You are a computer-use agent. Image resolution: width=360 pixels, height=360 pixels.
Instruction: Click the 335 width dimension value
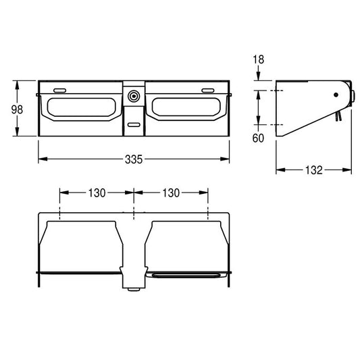click(x=134, y=159)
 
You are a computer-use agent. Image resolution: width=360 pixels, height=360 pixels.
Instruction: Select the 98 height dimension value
click(x=17, y=109)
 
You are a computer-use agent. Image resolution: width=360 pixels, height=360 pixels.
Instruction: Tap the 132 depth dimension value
click(x=314, y=170)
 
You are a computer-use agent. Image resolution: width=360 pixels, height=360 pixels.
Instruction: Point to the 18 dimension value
click(x=259, y=59)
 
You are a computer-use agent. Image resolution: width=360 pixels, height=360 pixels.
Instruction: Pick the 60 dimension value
click(x=258, y=138)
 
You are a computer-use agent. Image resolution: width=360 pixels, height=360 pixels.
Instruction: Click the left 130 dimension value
click(x=97, y=193)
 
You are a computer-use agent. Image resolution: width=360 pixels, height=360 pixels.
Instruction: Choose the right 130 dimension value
click(x=171, y=193)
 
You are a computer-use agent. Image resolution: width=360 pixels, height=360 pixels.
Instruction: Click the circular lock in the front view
click(x=134, y=96)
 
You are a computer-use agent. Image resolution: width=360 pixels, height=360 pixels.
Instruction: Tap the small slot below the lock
click(x=134, y=125)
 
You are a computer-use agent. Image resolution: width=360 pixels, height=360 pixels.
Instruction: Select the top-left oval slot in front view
click(x=59, y=91)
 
